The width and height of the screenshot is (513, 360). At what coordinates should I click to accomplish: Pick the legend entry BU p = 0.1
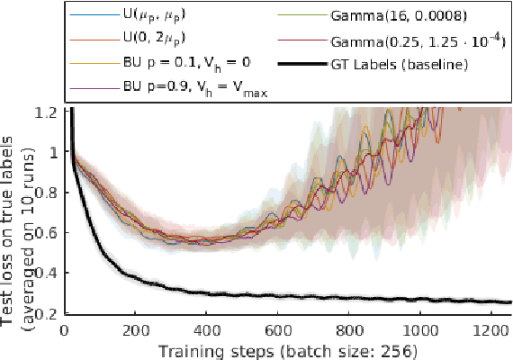point(175,66)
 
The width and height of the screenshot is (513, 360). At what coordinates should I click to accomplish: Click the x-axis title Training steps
point(283,348)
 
